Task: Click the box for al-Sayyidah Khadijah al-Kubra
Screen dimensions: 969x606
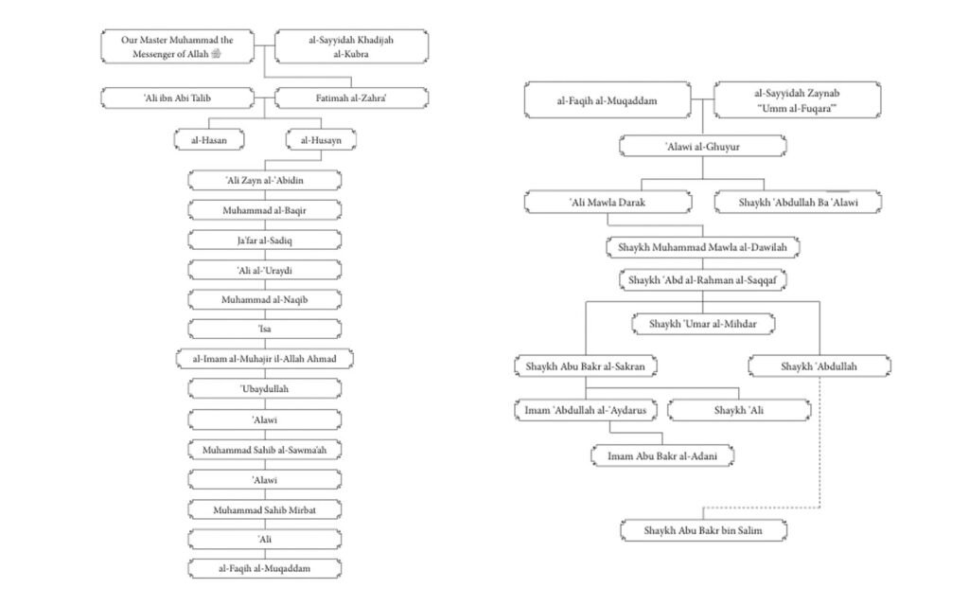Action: pyautogui.click(x=351, y=46)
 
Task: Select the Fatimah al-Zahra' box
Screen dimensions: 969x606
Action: pyautogui.click(x=351, y=98)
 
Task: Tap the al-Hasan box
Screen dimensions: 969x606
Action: pyautogui.click(x=209, y=140)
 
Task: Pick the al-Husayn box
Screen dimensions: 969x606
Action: pyautogui.click(x=321, y=140)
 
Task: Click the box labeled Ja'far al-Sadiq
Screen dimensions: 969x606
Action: pyautogui.click(x=265, y=240)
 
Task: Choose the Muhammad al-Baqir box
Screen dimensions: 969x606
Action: pyautogui.click(x=265, y=210)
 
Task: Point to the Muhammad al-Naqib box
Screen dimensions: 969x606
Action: pyautogui.click(x=265, y=299)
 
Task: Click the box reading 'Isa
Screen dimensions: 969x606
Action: pyautogui.click(x=265, y=329)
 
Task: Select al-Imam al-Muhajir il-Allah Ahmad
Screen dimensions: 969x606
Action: pyautogui.click(x=265, y=359)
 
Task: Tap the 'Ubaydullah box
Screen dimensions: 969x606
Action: pyautogui.click(x=265, y=388)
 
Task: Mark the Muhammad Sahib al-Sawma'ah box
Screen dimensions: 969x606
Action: pyautogui.click(x=265, y=450)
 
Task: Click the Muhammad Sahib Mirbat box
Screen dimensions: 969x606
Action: pyautogui.click(x=265, y=509)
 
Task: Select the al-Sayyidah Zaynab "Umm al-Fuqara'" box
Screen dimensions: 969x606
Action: pyautogui.click(x=797, y=100)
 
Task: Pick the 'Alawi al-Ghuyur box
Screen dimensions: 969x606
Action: pyautogui.click(x=703, y=147)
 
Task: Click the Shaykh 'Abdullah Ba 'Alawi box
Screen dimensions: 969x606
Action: pyautogui.click(x=798, y=203)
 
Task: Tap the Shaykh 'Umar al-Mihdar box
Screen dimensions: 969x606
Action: pyautogui.click(x=703, y=324)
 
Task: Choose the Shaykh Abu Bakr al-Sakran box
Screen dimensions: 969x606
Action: pyautogui.click(x=585, y=366)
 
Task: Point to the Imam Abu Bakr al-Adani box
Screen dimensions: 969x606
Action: pyautogui.click(x=661, y=455)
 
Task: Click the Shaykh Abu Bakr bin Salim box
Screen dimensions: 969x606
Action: pyautogui.click(x=703, y=530)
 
